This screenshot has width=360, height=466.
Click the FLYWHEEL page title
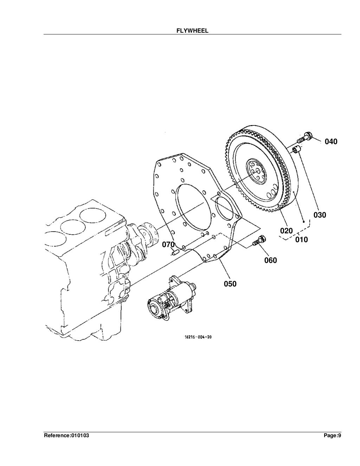192,31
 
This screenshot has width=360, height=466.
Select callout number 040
331,142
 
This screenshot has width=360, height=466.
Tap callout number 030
320,215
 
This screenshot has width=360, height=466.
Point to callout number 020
287,231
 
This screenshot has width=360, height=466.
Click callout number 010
301,240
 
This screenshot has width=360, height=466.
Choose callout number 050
230,284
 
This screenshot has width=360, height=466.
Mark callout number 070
168,244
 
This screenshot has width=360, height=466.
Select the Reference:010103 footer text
66,436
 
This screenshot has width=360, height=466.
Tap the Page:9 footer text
332,436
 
